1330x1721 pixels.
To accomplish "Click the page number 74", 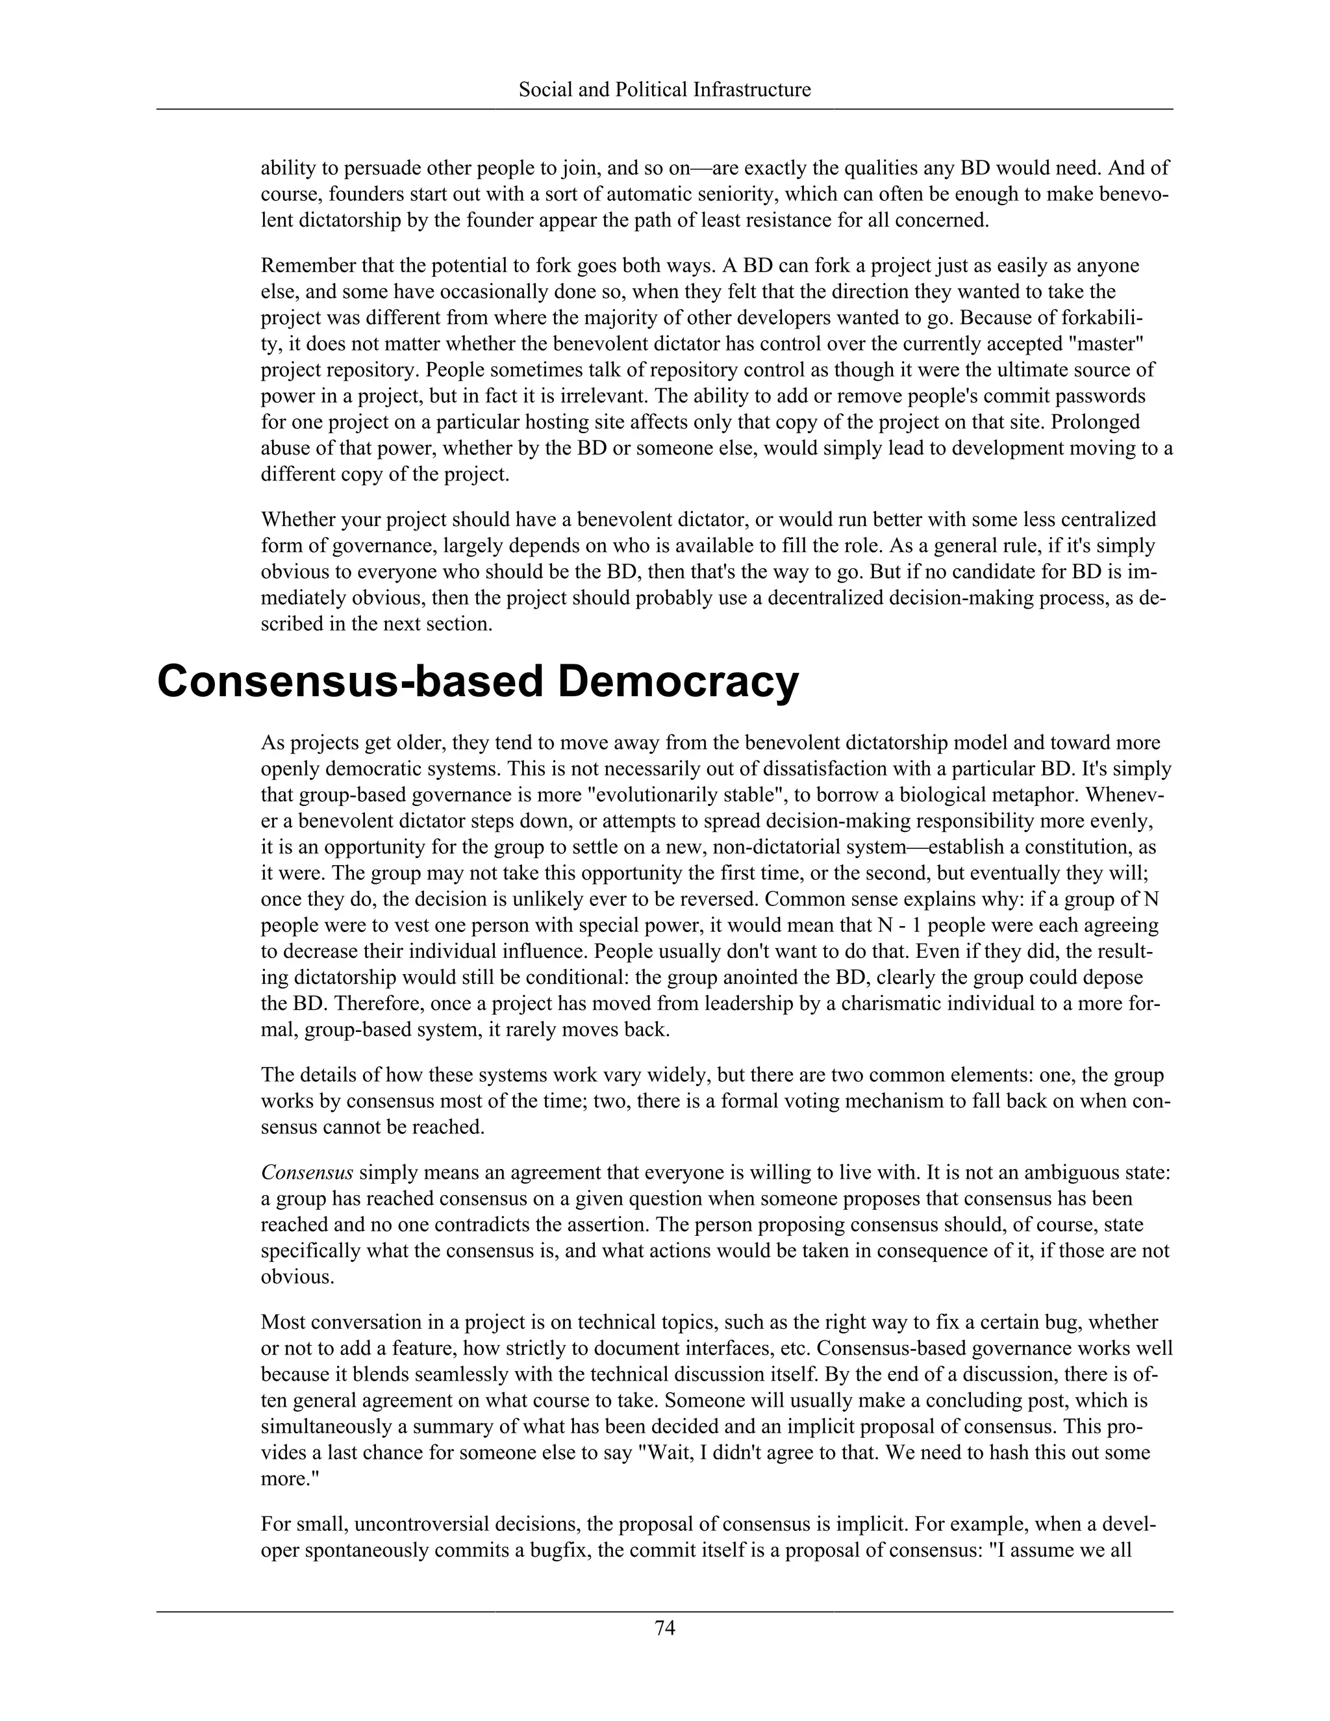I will click(664, 1627).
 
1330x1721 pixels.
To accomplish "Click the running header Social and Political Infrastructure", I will click(664, 90).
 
